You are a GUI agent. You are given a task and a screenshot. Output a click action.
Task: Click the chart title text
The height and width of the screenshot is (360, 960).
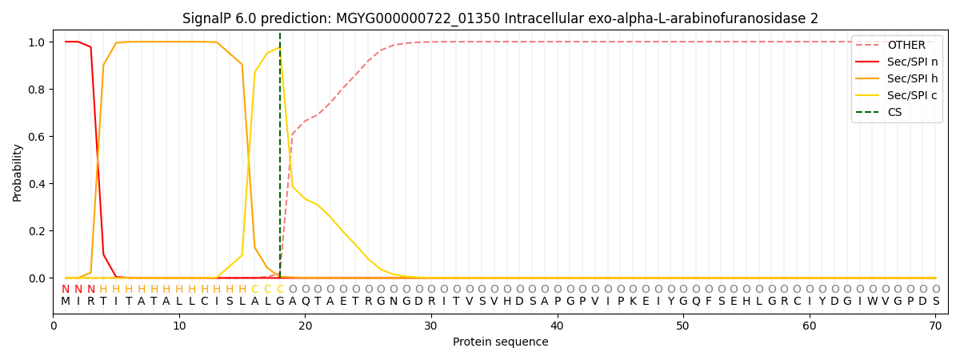coord(500,18)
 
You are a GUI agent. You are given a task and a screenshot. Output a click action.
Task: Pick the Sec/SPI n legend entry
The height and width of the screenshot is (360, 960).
coord(912,62)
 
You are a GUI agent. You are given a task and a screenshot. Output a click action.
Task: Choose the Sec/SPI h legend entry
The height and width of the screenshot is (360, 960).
coord(912,79)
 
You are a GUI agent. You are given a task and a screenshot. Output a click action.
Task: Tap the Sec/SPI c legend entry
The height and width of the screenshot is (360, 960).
coord(912,96)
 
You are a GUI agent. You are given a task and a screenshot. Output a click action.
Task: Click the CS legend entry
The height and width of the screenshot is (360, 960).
coord(894,113)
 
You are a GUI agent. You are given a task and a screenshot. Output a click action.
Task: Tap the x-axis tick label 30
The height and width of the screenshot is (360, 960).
coord(431,326)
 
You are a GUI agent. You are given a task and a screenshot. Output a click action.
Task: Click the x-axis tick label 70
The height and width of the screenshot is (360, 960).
coord(935,326)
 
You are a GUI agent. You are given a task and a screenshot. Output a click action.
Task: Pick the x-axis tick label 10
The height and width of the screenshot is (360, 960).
coord(179,326)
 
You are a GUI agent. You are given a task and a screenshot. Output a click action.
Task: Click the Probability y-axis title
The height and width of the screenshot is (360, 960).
coord(18,172)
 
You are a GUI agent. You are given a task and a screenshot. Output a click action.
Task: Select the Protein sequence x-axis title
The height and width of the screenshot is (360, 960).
coord(500,342)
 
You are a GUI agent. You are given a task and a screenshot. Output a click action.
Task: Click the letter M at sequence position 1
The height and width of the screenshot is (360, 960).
coord(66,302)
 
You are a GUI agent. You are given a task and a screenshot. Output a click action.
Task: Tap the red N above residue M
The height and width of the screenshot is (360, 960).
coord(66,290)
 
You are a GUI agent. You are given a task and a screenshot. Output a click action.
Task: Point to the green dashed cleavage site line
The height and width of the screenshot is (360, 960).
coord(280,160)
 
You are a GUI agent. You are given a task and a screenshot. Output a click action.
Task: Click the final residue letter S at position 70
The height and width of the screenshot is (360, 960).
coord(935,302)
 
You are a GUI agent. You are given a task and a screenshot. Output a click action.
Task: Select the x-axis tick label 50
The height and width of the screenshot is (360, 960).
coord(683,326)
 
